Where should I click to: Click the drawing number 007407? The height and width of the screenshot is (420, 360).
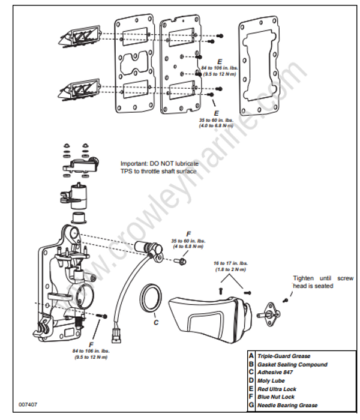point(28,404)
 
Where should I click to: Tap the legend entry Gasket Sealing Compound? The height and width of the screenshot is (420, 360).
point(292,364)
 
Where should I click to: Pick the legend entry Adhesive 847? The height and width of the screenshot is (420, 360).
point(276,373)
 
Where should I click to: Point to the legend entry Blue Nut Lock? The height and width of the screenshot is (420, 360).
point(276,397)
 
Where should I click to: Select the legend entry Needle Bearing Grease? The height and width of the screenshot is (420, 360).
point(287,405)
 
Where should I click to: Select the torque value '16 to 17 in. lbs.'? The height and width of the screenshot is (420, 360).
point(230,263)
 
